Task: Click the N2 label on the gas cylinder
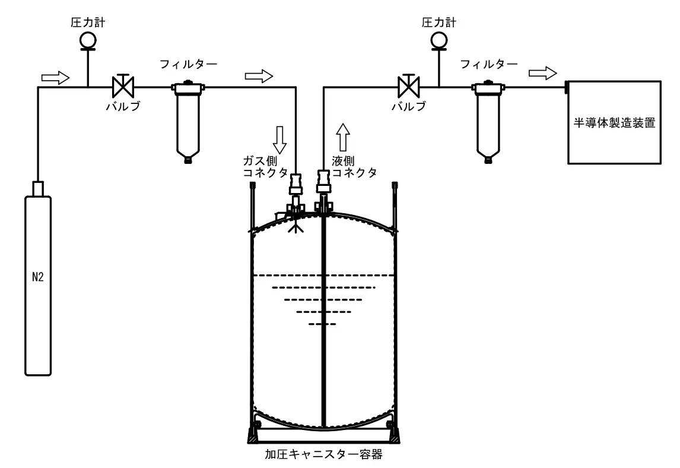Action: point(38,277)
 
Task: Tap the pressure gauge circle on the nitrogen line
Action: point(88,40)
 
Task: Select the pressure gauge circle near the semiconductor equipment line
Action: point(439,40)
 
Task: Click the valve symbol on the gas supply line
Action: point(123,86)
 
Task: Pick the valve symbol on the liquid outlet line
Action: point(408,86)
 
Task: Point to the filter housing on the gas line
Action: point(188,122)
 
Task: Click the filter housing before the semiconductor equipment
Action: point(488,122)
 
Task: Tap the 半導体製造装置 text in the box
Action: point(614,123)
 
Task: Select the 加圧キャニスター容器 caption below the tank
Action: point(323,454)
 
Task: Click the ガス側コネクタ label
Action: point(265,167)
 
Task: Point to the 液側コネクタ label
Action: point(354,167)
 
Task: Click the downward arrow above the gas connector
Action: point(279,140)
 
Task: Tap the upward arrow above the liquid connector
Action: point(343,137)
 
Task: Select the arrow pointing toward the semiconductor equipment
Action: point(542,73)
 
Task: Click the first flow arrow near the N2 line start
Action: point(56,78)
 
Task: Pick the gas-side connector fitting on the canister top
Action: point(295,191)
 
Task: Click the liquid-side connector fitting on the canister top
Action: point(323,189)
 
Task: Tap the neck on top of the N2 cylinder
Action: point(38,188)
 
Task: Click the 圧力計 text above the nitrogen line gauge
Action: point(88,23)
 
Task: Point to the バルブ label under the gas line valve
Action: point(123,106)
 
